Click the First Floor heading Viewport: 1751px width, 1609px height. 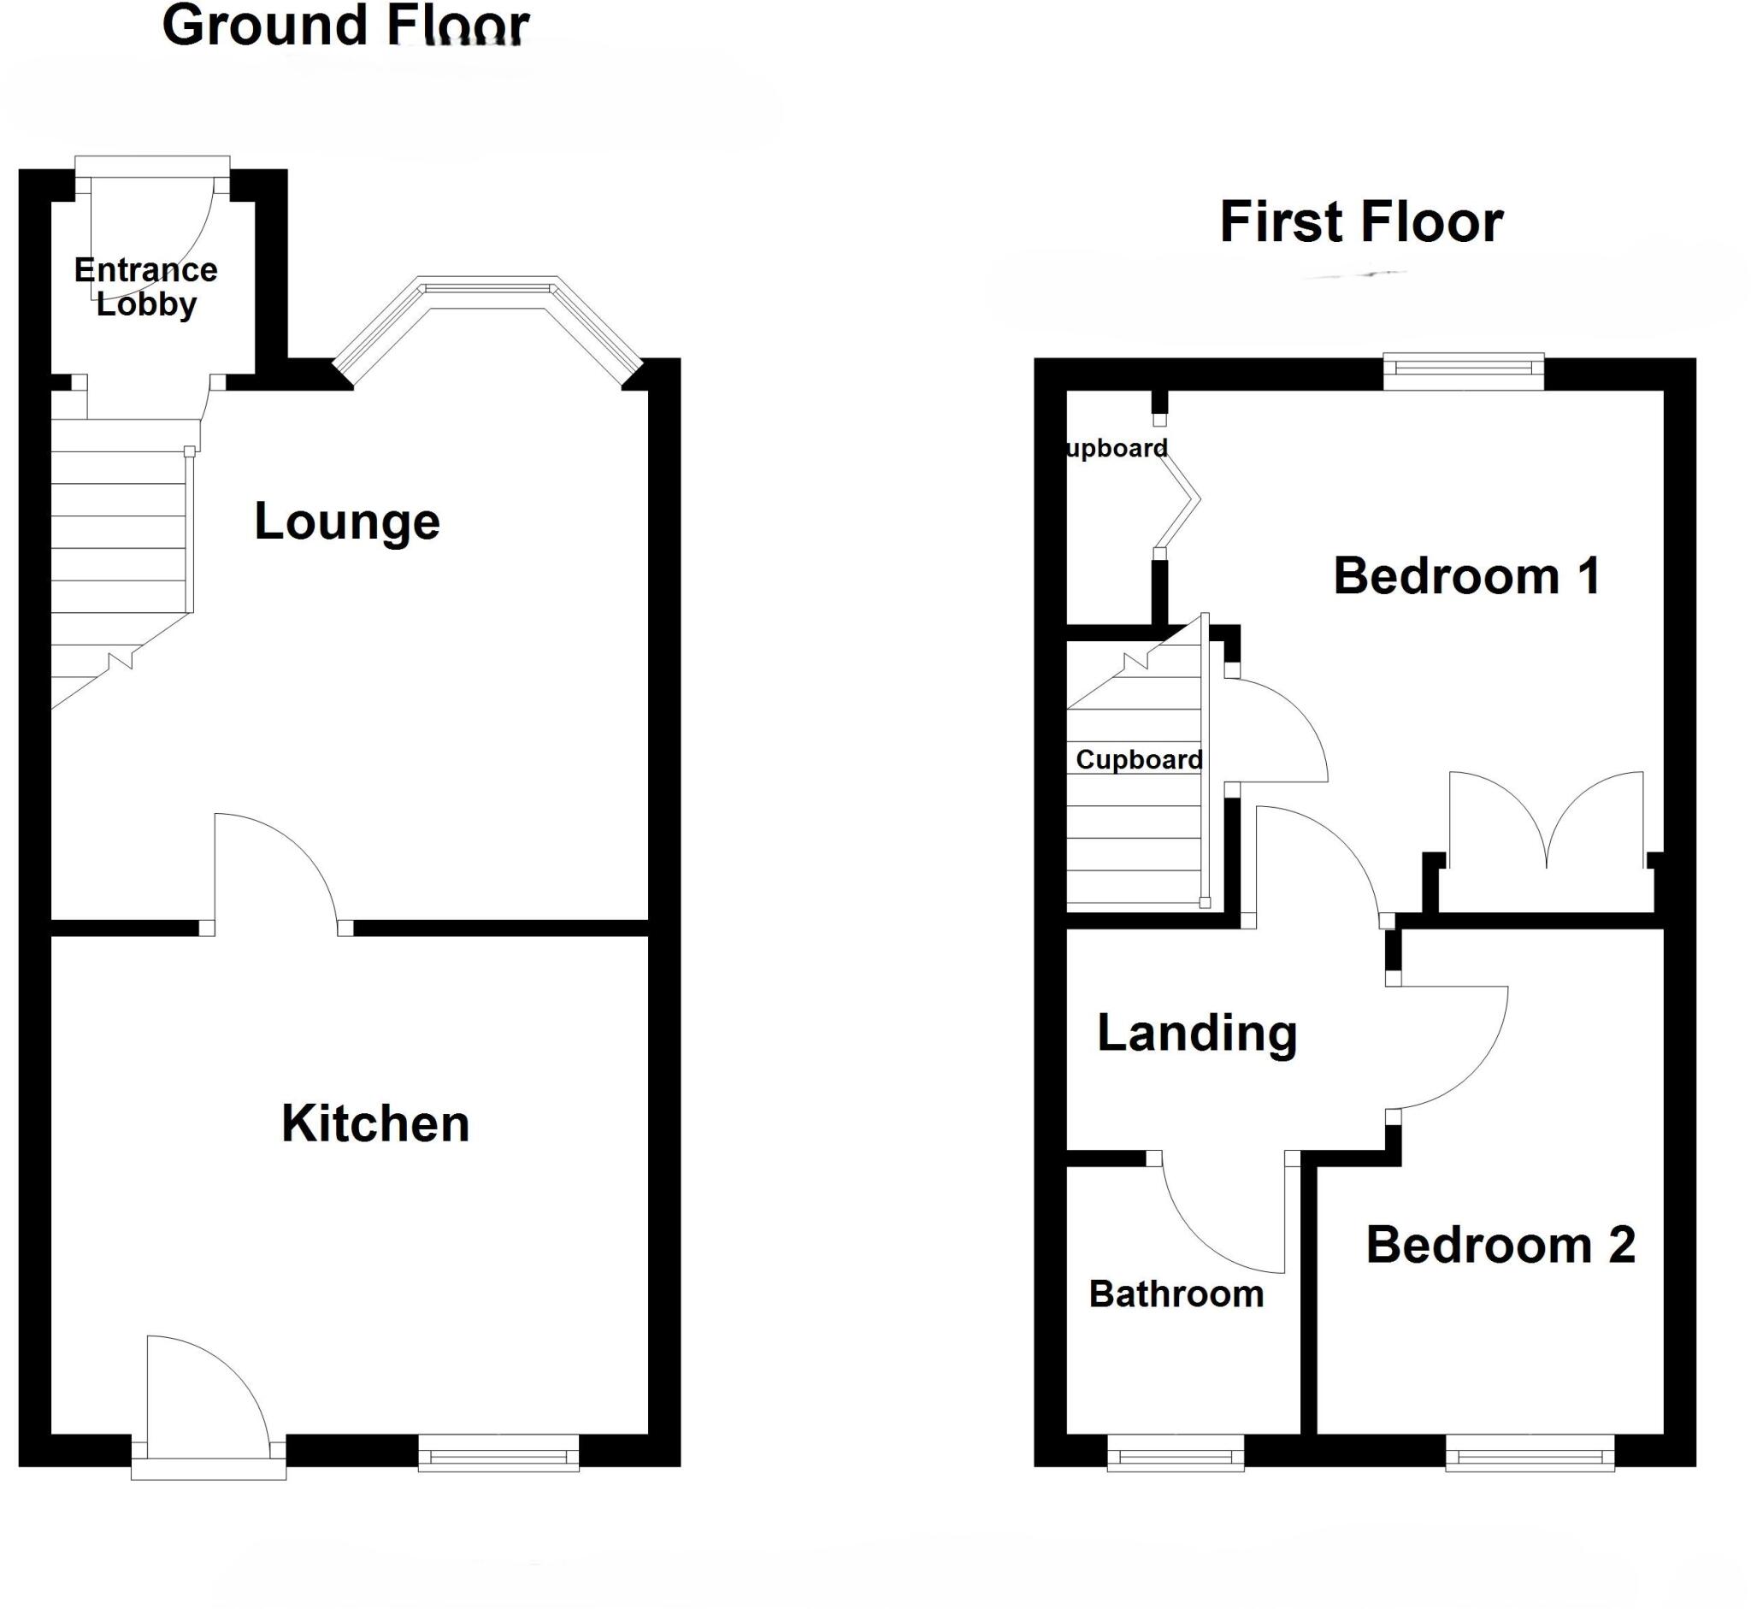coord(1361,222)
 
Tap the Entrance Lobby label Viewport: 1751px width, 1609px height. coord(145,286)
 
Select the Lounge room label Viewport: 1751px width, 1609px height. coord(346,522)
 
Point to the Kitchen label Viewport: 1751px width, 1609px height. coord(375,1124)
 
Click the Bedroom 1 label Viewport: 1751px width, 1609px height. coord(1466,576)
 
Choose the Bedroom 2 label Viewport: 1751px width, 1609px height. coord(1500,1245)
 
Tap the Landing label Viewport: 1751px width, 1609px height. coord(1196,1034)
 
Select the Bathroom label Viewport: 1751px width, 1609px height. coord(1176,1294)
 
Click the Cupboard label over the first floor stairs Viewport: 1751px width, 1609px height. coord(1138,760)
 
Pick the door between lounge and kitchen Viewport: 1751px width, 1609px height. coord(274,870)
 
